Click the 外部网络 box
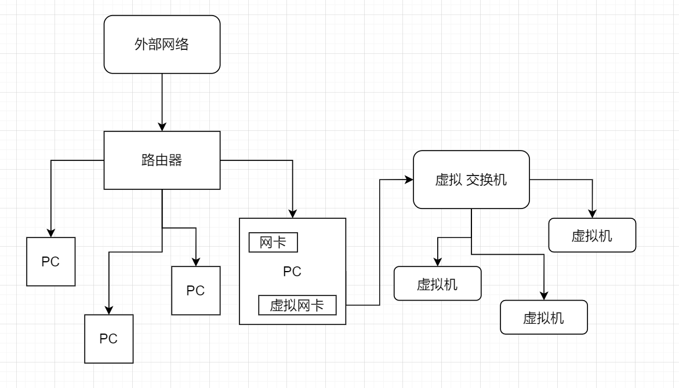pyautogui.click(x=162, y=45)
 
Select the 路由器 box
pyautogui.click(x=162, y=160)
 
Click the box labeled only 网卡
pyautogui.click(x=273, y=243)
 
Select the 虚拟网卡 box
pyautogui.click(x=297, y=305)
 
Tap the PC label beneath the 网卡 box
pyautogui.click(x=292, y=272)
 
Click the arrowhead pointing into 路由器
pyautogui.click(x=162, y=127)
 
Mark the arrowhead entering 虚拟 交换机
pyautogui.click(x=408, y=180)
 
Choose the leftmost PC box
pyautogui.click(x=51, y=262)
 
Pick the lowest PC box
pyautogui.click(x=109, y=339)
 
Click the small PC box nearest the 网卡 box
pyautogui.click(x=196, y=291)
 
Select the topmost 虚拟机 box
pyautogui.click(x=592, y=235)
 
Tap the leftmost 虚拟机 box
pyautogui.click(x=437, y=284)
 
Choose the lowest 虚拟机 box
pyautogui.click(x=544, y=317)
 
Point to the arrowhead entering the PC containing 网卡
pyautogui.click(x=292, y=214)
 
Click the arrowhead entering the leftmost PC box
pyautogui.click(x=51, y=233)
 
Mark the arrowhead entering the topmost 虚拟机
pyautogui.click(x=592, y=214)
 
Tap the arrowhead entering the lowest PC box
pyautogui.click(x=109, y=310)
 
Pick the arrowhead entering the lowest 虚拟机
pyautogui.click(x=544, y=296)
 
